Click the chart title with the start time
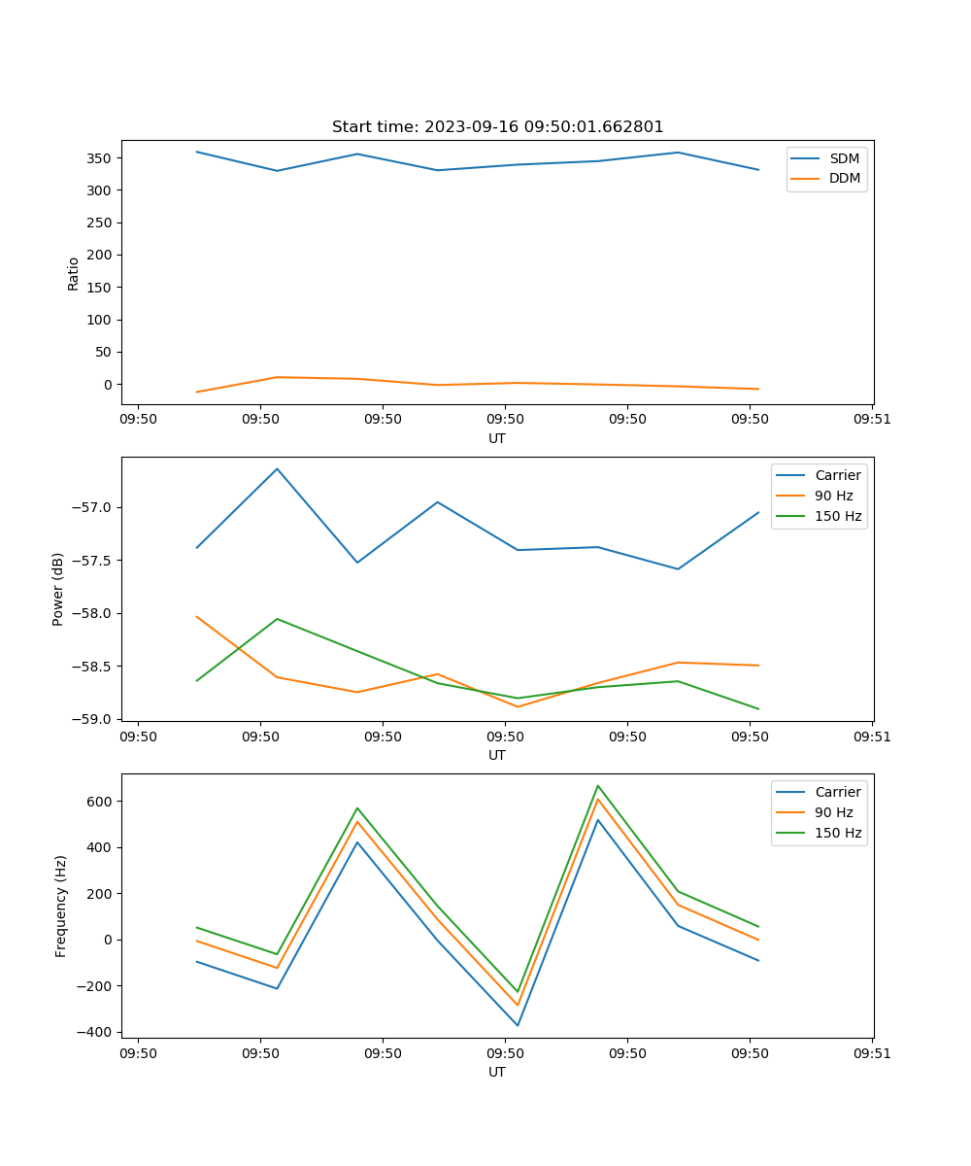497,127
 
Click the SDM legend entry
844,158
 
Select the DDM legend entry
844,179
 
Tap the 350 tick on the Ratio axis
101,157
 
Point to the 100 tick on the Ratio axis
101,320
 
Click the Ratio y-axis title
74,273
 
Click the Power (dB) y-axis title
58,589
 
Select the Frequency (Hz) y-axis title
60,906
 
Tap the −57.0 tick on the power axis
93,507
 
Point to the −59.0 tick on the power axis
93,719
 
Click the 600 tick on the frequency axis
101,802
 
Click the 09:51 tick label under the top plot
872,420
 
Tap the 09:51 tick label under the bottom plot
872,1053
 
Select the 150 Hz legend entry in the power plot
838,517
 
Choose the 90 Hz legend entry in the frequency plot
834,812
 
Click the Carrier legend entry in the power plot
838,475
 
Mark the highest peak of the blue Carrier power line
277,469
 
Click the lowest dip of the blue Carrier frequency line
518,1025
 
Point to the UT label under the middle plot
497,755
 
